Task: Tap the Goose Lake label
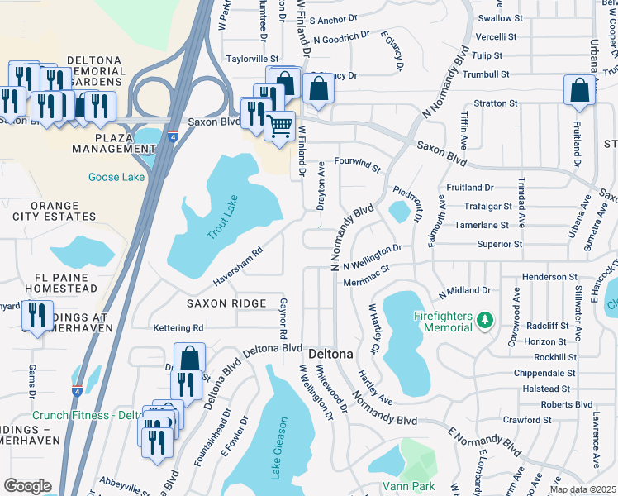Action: point(116,177)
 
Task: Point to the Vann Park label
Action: point(407,486)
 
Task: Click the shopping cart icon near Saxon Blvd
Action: point(280,127)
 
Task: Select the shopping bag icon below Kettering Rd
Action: point(189,359)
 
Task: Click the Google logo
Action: point(27,485)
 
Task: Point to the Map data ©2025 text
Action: point(582,489)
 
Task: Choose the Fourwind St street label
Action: point(357,165)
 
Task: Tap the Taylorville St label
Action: point(254,60)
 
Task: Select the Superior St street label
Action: point(499,245)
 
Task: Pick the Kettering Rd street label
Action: point(178,328)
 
